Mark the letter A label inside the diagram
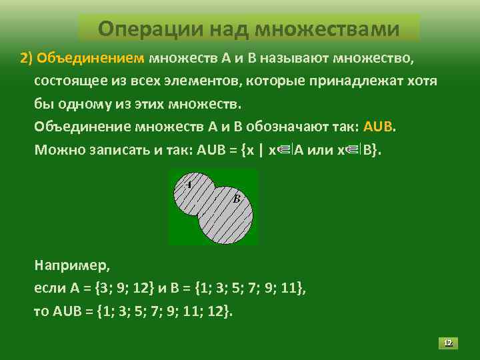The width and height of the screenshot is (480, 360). (188, 184)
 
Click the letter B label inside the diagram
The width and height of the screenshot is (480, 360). (236, 198)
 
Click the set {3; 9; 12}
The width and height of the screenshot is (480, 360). (125, 289)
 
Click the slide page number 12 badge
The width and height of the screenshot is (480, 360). (448, 343)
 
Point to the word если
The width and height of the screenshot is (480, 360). (49, 289)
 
